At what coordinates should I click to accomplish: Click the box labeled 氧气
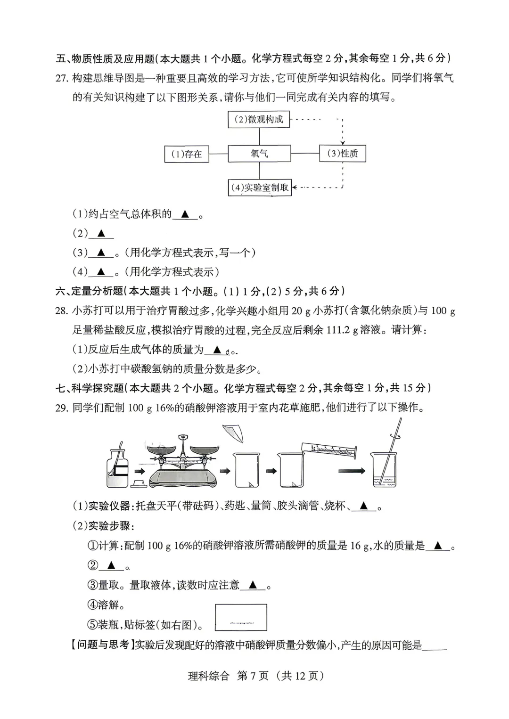pyautogui.click(x=259, y=154)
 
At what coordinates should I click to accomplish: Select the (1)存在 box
pyautogui.click(x=187, y=154)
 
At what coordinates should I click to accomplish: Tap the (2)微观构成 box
pyautogui.click(x=259, y=120)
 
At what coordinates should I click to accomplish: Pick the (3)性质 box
pyautogui.click(x=342, y=154)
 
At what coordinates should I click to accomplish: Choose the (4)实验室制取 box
pyautogui.click(x=260, y=188)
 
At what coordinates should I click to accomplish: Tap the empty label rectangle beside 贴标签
pyautogui.click(x=241, y=617)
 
